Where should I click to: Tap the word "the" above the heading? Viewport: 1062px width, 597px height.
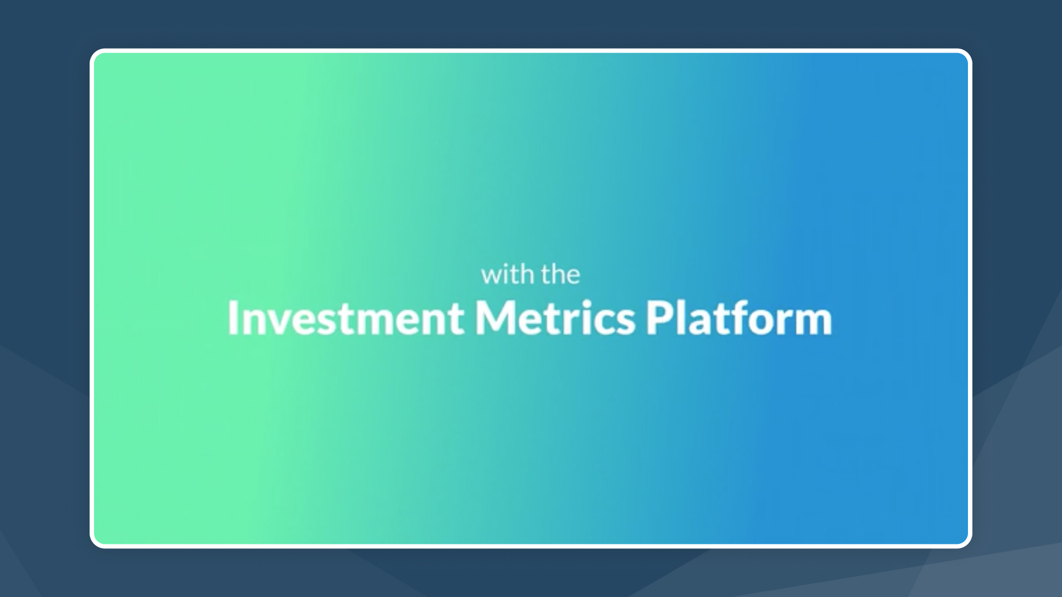[560, 275]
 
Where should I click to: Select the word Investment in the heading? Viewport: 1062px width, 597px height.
[346, 318]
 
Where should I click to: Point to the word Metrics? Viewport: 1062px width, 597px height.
[555, 318]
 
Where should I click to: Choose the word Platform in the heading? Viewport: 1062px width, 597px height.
[739, 318]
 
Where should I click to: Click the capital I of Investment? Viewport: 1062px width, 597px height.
[233, 318]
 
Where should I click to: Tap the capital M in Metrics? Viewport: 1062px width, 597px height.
[496, 318]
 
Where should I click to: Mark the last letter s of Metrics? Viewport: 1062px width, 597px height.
[627, 322]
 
